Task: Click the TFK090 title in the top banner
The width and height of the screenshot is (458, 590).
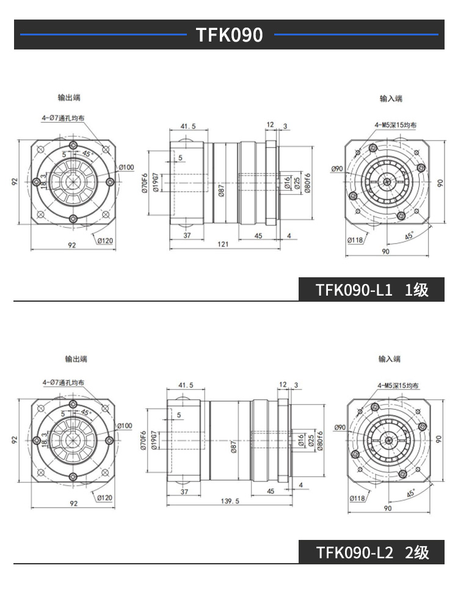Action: (229, 35)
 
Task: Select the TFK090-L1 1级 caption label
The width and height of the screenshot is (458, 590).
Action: (372, 290)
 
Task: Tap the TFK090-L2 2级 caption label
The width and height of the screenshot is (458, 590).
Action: (372, 552)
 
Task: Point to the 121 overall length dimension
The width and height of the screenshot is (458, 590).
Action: (223, 244)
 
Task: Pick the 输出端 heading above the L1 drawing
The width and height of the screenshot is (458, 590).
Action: (69, 98)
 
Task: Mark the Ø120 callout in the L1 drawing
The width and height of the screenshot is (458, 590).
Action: (105, 240)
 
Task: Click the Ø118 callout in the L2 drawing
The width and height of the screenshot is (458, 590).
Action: (356, 498)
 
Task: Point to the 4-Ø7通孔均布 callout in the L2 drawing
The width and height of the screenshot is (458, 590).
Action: (64, 382)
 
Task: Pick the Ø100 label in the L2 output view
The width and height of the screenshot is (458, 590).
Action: (124, 426)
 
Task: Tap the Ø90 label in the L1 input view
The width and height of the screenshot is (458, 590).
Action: (337, 169)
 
